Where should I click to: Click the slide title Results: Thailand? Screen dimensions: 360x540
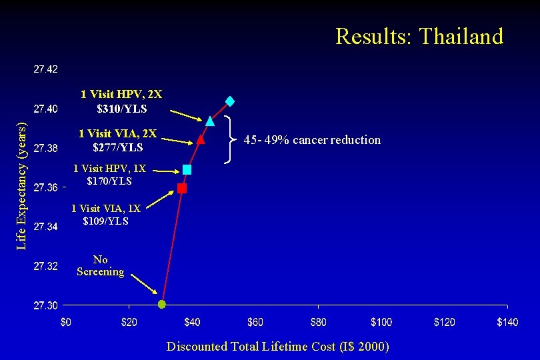419,36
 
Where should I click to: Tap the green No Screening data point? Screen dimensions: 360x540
161,305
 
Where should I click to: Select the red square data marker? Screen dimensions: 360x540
182,189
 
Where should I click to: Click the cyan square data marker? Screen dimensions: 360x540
187,170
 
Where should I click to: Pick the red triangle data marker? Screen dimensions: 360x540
201,140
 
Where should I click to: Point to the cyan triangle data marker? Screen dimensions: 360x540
210,121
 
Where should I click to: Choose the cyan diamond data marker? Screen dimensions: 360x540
229,101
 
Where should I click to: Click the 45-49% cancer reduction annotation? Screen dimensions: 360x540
312,140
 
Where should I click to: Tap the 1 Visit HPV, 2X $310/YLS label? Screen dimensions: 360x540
121,101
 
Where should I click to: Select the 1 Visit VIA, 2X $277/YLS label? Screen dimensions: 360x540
117,140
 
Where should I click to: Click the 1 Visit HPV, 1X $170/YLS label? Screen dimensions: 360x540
109,175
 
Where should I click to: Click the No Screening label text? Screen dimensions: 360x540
100,265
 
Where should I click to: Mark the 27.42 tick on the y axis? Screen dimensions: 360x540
46,69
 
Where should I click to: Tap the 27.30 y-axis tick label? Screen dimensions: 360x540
46,305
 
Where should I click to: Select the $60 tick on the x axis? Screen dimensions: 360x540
255,323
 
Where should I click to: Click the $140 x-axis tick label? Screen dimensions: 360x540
507,323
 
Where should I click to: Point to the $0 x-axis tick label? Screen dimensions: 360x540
66,323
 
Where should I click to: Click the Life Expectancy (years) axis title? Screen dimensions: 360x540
21,186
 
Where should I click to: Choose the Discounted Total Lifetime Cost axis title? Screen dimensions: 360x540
278,346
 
